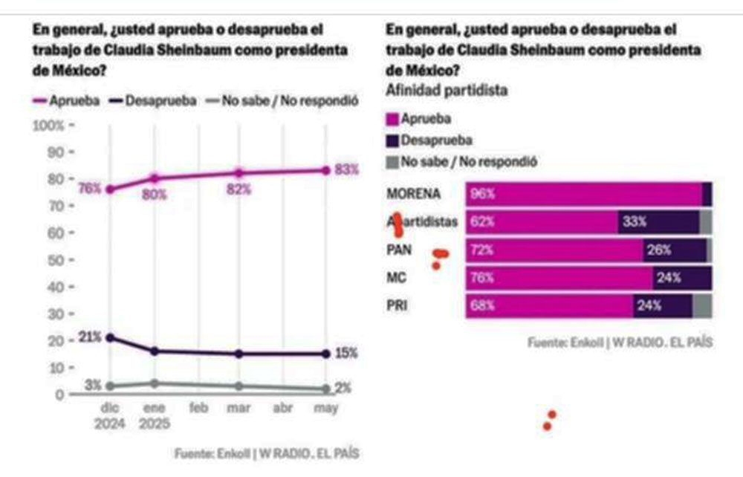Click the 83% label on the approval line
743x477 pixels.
coord(346,169)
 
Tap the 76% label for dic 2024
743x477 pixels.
coord(89,189)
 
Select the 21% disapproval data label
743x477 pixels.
coord(89,337)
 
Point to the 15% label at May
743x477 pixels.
coord(346,354)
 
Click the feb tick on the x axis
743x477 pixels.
coord(197,408)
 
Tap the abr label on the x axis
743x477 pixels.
coord(284,408)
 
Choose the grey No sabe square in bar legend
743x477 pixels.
coord(392,160)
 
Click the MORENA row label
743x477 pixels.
coord(414,194)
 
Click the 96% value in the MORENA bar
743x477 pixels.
coord(482,194)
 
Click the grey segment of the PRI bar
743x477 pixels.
coord(701,305)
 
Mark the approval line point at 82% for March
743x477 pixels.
coord(239,172)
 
